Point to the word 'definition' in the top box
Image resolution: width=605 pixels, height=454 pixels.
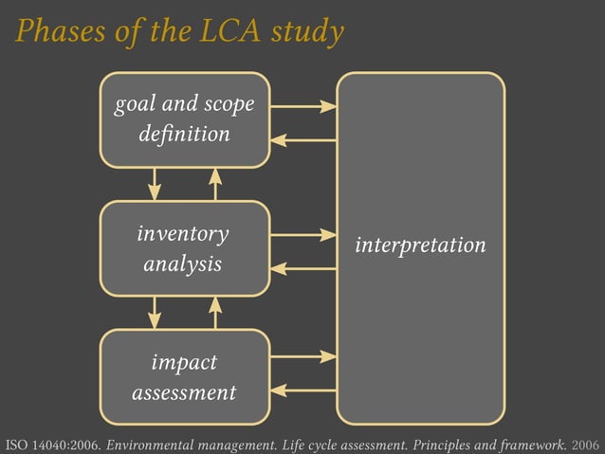[184, 135]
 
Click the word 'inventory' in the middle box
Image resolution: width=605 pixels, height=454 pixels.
[183, 233]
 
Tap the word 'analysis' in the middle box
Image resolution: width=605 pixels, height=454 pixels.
[183, 263]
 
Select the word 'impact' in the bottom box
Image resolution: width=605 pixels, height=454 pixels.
[184, 362]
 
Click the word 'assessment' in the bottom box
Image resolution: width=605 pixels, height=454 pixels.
[184, 391]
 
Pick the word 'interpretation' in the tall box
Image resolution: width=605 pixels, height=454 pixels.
[420, 245]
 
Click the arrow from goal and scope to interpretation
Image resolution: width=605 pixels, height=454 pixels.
[303, 106]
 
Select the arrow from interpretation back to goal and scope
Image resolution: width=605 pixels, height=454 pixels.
[303, 140]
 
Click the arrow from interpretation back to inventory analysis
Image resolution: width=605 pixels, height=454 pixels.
[303, 268]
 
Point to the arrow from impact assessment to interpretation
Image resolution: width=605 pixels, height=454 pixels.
[303, 356]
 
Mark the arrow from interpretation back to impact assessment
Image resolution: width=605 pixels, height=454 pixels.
[303, 390]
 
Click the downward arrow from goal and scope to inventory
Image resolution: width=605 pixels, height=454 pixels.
[155, 184]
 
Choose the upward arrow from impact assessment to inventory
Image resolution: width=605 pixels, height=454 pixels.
[215, 312]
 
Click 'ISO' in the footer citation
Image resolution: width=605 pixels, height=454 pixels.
[16, 444]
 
